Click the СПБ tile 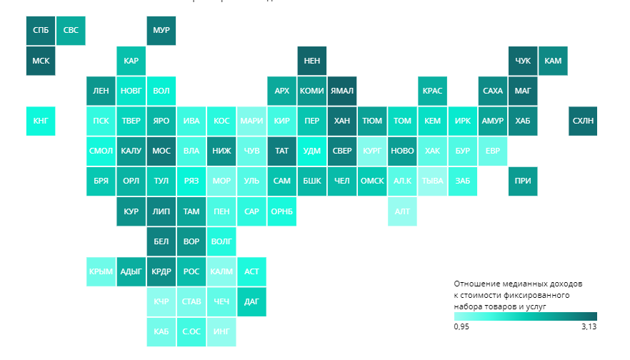click(40, 31)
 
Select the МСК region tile click(40, 61)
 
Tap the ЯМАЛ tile click(342, 91)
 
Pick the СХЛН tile click(583, 121)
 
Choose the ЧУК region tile click(523, 61)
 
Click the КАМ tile click(553, 61)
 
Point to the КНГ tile click(40, 121)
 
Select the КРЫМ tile click(101, 271)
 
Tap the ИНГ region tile click(221, 331)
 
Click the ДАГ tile click(251, 301)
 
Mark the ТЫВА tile click(432, 181)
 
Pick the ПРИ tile click(523, 181)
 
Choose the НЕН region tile click(312, 61)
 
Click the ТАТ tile click(281, 151)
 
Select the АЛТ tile click(402, 211)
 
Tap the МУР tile click(161, 31)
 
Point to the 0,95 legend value click(461, 326)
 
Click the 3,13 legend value click(588, 326)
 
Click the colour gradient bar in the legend click(525, 316)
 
